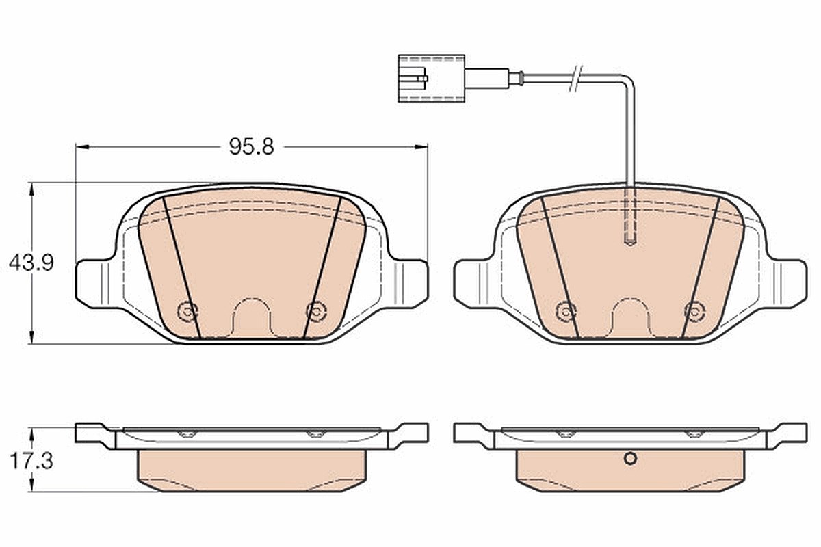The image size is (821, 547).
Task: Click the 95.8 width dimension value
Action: [252, 147]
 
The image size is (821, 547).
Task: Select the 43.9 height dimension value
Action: [31, 263]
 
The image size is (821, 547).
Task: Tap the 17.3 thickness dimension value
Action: [31, 462]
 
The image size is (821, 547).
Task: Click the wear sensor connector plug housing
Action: [432, 79]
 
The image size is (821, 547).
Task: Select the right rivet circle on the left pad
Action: [316, 311]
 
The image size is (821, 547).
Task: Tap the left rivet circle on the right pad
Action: [566, 311]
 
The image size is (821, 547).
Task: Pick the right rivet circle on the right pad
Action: [694, 311]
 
